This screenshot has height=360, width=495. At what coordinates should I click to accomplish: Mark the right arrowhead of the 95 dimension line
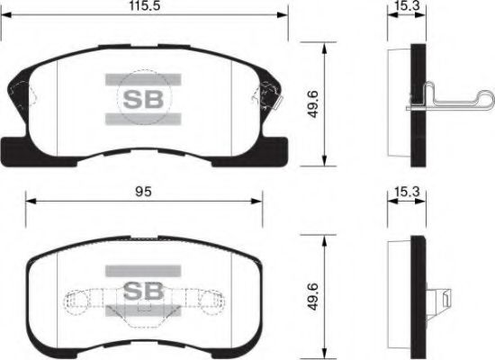(260, 202)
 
